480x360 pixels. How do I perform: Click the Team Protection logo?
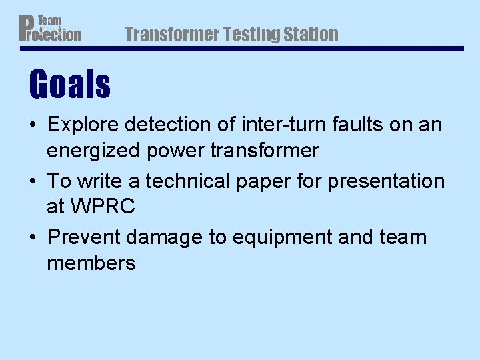coord(49,29)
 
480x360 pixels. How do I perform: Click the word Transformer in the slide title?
coord(171,34)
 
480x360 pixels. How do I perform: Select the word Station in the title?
coord(313,34)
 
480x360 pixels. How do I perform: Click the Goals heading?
coord(69,85)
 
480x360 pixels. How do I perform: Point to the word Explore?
coord(83,125)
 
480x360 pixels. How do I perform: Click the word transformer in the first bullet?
coord(265,151)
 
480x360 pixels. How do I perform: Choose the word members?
coord(91,263)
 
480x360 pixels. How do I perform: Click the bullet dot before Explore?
coord(34,125)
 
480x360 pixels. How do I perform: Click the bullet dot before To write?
coord(34,182)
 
